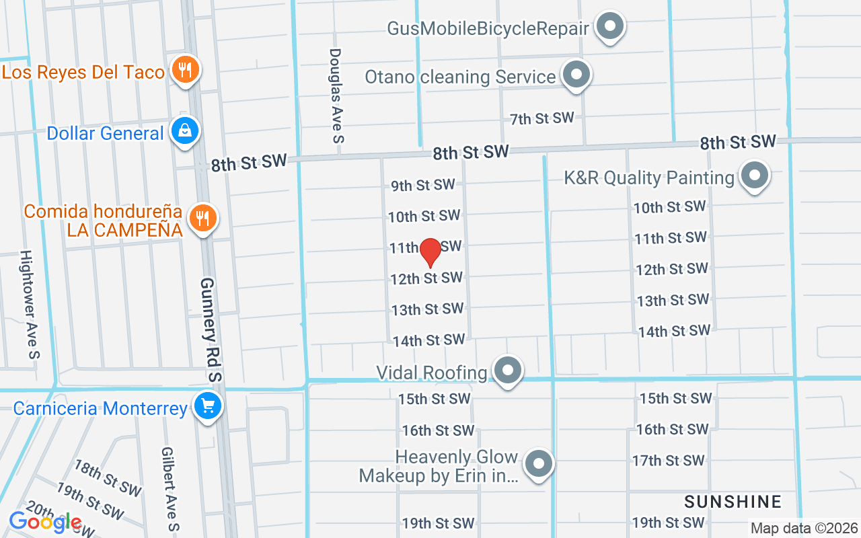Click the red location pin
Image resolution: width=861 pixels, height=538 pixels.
pyautogui.click(x=430, y=252)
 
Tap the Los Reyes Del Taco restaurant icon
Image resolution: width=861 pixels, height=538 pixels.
pyautogui.click(x=183, y=70)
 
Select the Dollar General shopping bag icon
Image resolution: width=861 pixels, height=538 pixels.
pyautogui.click(x=184, y=131)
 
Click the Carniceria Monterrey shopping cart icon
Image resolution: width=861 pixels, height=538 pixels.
pyautogui.click(x=208, y=406)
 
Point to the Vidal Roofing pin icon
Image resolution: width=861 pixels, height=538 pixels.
pyautogui.click(x=508, y=370)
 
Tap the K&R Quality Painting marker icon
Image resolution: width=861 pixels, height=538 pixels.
pyautogui.click(x=754, y=176)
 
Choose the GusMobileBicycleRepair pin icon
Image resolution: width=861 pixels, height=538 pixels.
pyautogui.click(x=611, y=27)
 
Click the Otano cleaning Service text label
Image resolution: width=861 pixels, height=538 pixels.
pyautogui.click(x=460, y=77)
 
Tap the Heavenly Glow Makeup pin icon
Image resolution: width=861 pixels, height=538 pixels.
pyautogui.click(x=539, y=464)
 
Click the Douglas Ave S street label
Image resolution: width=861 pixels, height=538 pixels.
pyautogui.click(x=336, y=95)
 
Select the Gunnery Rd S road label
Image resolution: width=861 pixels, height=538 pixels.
pyautogui.click(x=211, y=330)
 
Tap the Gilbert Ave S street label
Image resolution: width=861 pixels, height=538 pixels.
pyautogui.click(x=170, y=488)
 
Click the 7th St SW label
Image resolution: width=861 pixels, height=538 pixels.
pyautogui.click(x=541, y=119)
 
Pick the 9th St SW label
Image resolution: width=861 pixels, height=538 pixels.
pyautogui.click(x=423, y=185)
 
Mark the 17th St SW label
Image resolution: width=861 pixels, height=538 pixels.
pyautogui.click(x=668, y=461)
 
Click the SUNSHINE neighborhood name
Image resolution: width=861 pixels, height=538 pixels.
pyautogui.click(x=733, y=502)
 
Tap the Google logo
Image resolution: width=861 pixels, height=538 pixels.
pyautogui.click(x=45, y=522)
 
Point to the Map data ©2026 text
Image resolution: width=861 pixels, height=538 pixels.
pyautogui.click(x=804, y=529)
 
